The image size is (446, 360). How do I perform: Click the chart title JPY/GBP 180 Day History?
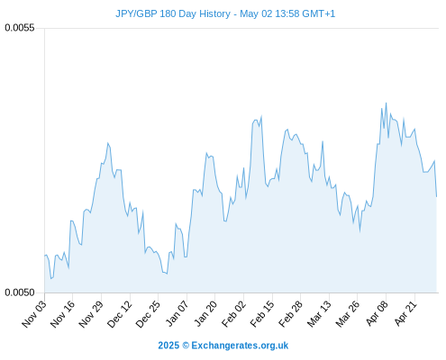(x=173, y=13)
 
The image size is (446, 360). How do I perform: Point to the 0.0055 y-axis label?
(x=20, y=28)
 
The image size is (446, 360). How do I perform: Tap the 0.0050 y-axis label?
(x=20, y=292)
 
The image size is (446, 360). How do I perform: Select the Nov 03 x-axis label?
(x=34, y=313)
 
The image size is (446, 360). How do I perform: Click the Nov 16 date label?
(x=63, y=313)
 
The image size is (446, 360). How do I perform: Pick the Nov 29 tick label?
(x=91, y=313)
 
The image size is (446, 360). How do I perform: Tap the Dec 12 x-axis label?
(x=120, y=313)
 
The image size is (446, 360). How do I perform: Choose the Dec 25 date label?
(x=149, y=313)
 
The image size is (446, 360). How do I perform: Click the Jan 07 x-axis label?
(x=177, y=313)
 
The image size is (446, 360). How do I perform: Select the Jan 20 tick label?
(x=206, y=313)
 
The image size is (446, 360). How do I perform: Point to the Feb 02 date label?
(x=234, y=313)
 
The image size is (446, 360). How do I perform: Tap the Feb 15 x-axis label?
(x=262, y=313)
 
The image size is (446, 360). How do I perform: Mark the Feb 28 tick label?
(x=291, y=313)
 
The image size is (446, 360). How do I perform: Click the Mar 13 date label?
(x=320, y=313)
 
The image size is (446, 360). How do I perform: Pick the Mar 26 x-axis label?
(x=348, y=313)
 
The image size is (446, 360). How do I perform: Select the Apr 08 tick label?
(x=378, y=313)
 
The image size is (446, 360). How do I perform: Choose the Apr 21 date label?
(x=405, y=313)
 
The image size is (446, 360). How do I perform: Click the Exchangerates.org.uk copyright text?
(x=223, y=346)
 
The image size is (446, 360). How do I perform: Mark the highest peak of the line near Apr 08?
(x=386, y=103)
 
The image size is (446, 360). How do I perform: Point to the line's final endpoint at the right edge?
(x=437, y=196)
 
